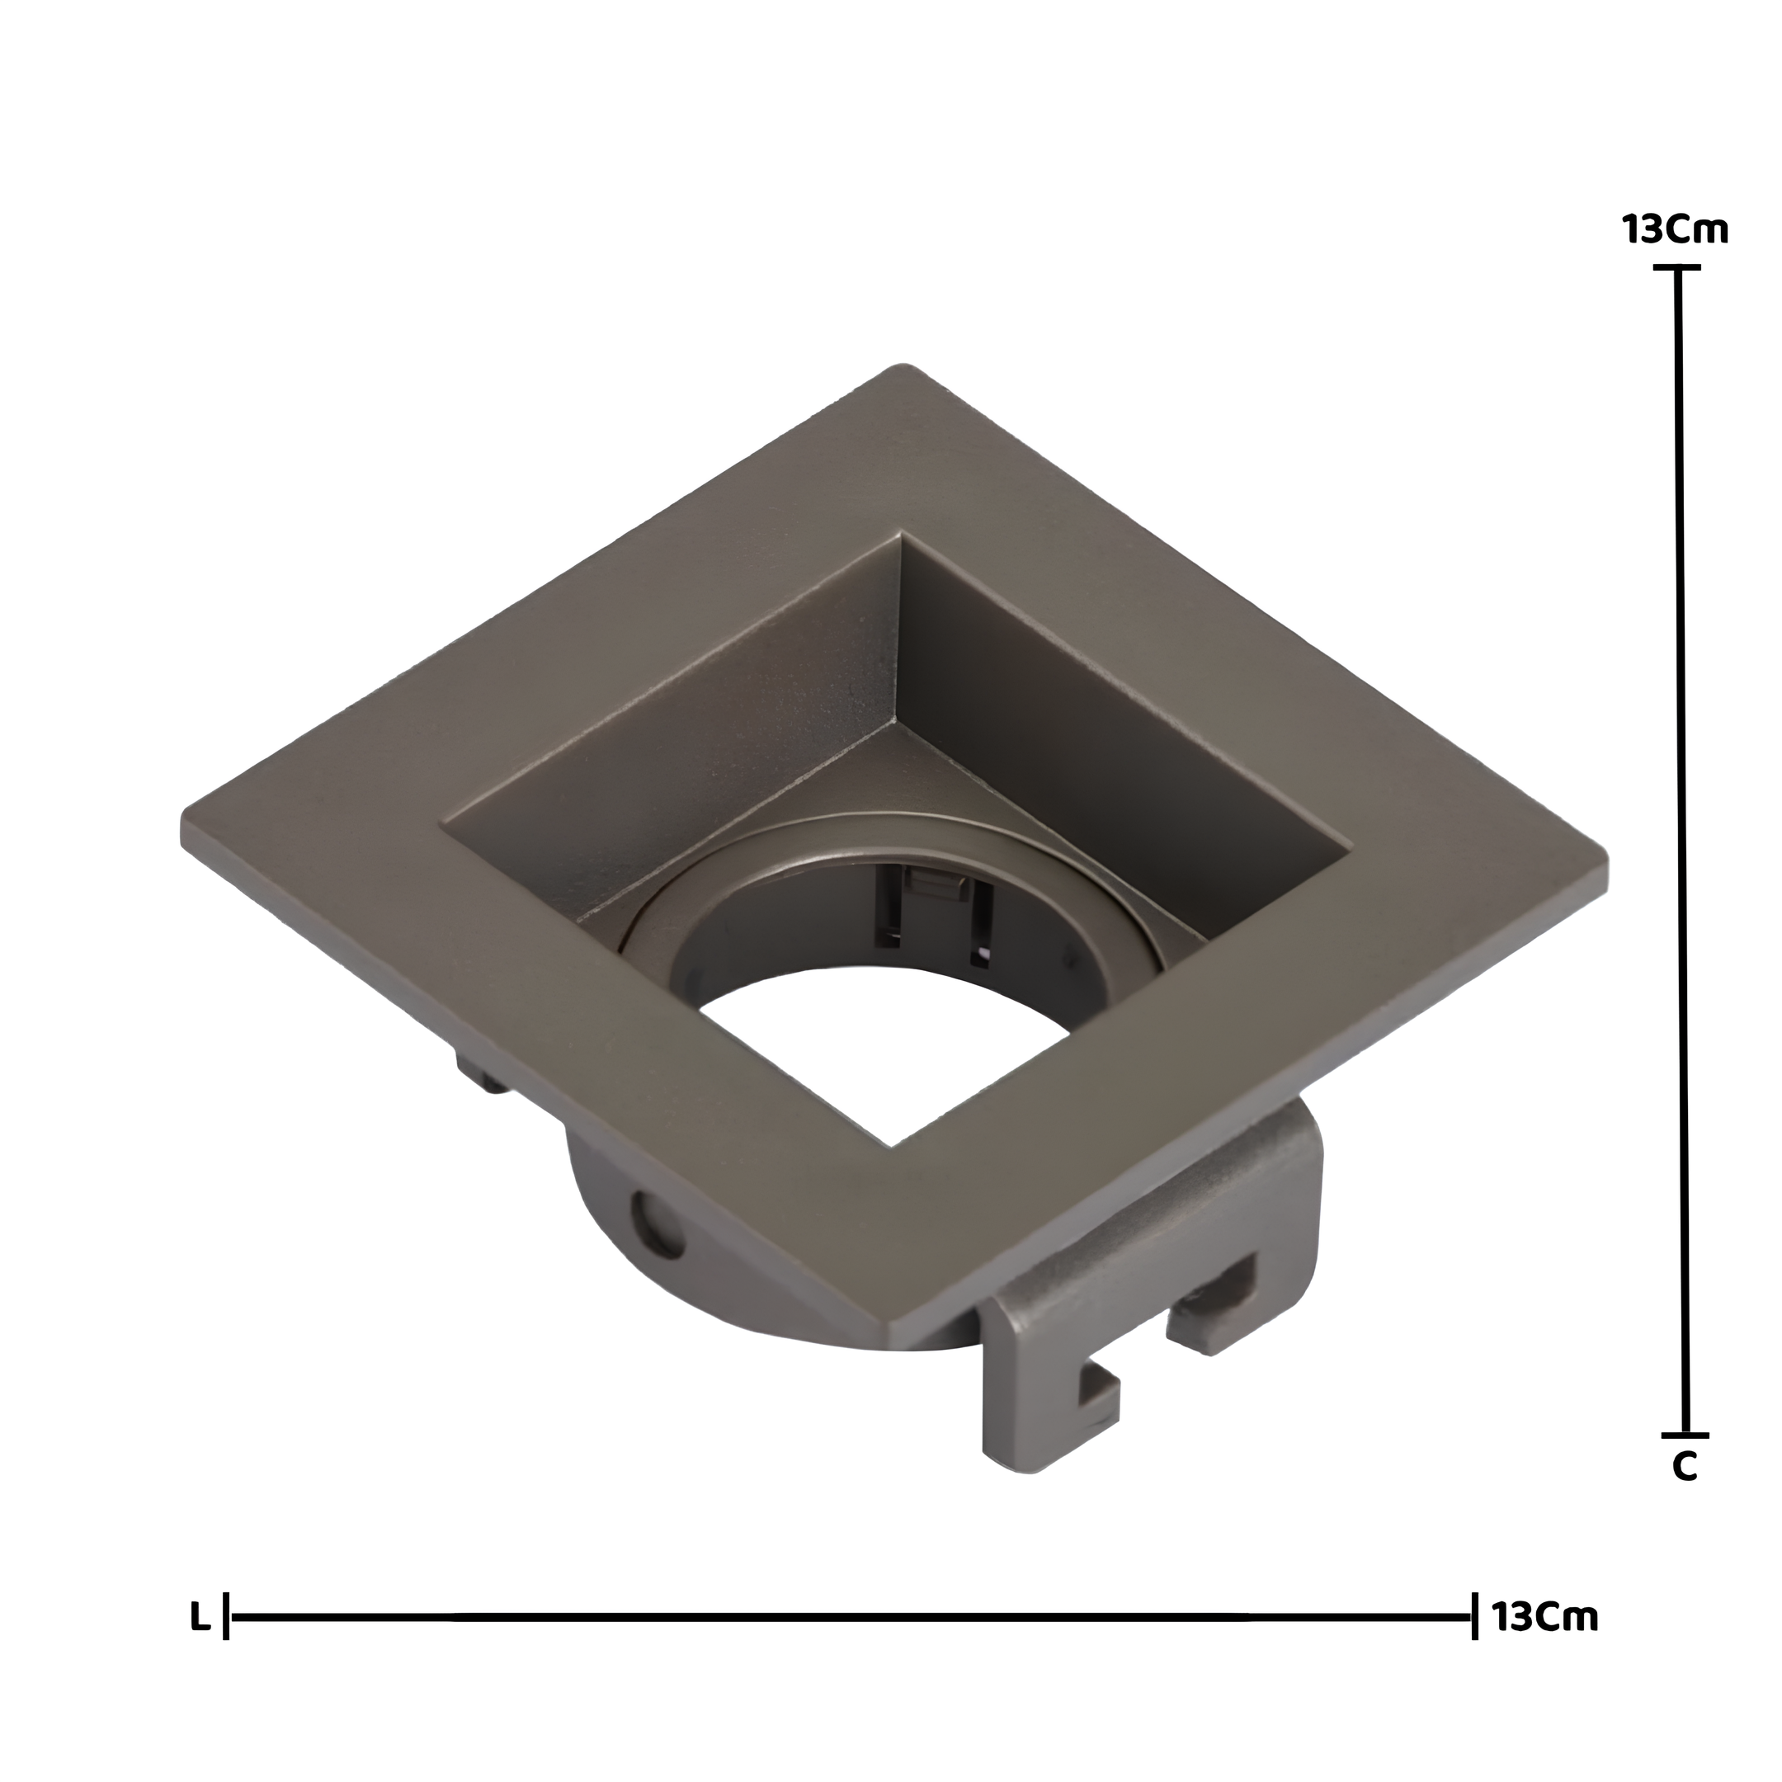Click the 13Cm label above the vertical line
click(1676, 229)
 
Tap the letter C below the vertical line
click(1684, 1493)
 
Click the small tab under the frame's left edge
click(479, 1074)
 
